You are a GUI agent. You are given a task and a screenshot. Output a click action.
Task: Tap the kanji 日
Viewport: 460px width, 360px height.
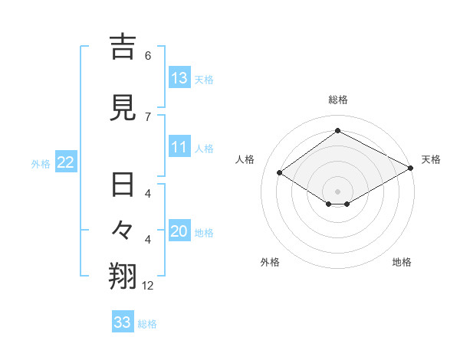click(x=123, y=185)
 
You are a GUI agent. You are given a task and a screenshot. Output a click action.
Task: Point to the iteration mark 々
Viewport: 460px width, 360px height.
click(x=123, y=229)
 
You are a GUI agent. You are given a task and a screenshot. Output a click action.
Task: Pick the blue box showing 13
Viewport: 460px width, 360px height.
click(x=179, y=78)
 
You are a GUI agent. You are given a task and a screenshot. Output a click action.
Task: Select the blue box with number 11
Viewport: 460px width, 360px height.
click(x=179, y=148)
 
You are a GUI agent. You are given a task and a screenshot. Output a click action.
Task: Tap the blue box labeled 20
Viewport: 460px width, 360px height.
click(x=179, y=232)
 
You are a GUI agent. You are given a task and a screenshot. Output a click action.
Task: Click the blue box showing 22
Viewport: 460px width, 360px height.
click(x=65, y=162)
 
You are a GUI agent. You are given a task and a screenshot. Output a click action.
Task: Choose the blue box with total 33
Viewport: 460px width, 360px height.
click(x=123, y=322)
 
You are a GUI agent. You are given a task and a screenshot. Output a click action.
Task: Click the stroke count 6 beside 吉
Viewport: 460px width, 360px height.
click(x=148, y=55)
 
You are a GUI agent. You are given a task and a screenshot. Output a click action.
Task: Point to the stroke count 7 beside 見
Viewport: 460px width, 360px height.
click(x=148, y=116)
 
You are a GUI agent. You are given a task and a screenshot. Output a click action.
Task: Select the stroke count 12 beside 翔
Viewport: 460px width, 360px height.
click(x=148, y=286)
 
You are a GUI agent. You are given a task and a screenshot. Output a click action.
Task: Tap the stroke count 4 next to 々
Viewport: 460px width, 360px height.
click(x=148, y=240)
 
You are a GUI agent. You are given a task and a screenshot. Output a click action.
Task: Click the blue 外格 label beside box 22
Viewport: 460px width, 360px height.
click(x=41, y=163)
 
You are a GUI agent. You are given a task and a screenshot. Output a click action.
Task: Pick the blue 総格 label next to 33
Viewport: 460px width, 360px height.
click(x=147, y=323)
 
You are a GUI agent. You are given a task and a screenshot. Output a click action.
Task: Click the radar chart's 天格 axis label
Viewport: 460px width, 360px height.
click(x=431, y=159)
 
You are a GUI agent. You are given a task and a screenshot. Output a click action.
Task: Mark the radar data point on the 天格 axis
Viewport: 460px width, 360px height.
click(x=411, y=169)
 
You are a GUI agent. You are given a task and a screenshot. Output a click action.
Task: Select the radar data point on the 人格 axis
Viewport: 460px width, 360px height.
click(x=279, y=173)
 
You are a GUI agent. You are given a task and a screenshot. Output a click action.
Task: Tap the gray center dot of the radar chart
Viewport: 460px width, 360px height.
click(x=337, y=191)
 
